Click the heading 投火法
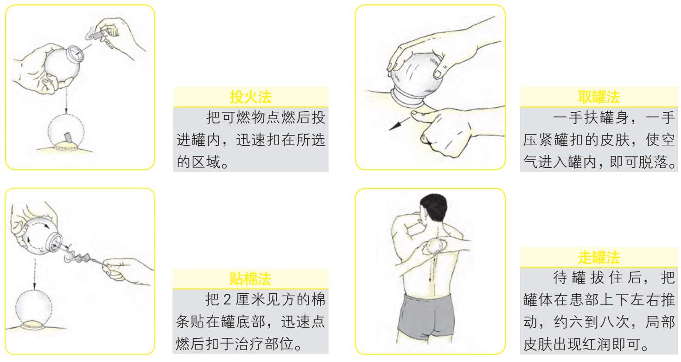click(x=250, y=97)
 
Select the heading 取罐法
click(x=598, y=97)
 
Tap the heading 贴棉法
click(x=250, y=278)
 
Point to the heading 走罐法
click(x=598, y=258)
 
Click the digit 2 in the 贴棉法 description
click(x=227, y=300)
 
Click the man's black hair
click(x=434, y=206)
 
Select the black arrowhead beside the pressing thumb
click(x=394, y=126)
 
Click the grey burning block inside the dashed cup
click(x=67, y=137)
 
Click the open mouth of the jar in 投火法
click(x=75, y=53)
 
